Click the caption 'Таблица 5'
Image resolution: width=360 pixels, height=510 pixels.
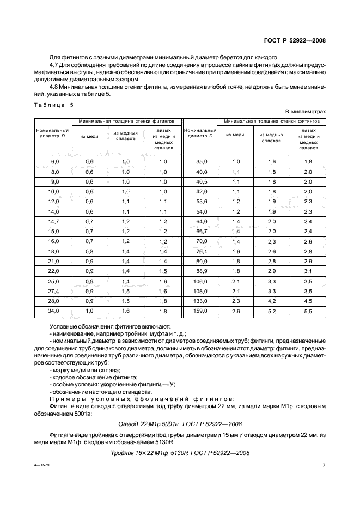52,105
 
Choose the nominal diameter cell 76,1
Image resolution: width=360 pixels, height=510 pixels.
201,252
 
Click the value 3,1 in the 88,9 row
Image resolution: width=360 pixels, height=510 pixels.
308,271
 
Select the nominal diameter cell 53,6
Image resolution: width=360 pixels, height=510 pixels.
201,201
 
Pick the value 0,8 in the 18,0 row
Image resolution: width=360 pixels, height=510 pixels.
90,252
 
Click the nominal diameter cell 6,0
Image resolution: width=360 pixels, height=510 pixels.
53,162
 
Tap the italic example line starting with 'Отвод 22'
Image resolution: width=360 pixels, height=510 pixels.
179,424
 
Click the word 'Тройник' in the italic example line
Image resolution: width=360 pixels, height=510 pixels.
123,453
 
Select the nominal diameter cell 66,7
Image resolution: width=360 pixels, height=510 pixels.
201,231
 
